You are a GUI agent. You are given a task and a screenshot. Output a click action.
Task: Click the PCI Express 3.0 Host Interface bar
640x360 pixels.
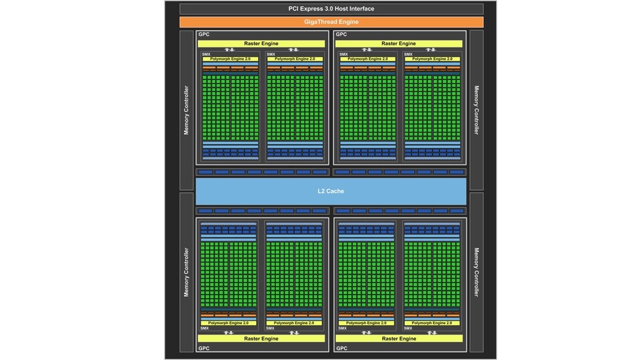pyautogui.click(x=331, y=9)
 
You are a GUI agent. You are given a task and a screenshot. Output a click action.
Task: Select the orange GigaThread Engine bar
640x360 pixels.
pyautogui.click(x=331, y=22)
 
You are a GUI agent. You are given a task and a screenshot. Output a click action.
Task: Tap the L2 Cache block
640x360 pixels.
pyautogui.click(x=331, y=191)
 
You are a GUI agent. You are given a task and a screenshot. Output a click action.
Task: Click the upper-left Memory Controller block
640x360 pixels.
pyautogui.click(x=186, y=110)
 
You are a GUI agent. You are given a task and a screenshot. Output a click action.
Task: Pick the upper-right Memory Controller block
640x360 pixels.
pyautogui.click(x=476, y=110)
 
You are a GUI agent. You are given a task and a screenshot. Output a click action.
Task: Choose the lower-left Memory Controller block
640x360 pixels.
pyautogui.click(x=186, y=272)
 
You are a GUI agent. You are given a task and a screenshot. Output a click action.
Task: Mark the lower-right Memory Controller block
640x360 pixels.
pyautogui.click(x=476, y=272)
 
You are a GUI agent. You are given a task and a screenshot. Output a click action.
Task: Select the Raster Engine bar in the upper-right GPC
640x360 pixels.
pyautogui.click(x=399, y=43)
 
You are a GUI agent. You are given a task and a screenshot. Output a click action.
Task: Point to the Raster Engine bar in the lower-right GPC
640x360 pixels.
pyautogui.click(x=399, y=339)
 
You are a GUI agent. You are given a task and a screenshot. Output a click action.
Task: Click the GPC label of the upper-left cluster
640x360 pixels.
pyautogui.click(x=203, y=34)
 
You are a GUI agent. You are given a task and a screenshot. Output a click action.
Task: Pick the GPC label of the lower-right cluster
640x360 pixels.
pyautogui.click(x=341, y=348)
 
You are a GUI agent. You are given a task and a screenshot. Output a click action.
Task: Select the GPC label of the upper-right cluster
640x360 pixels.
pyautogui.click(x=341, y=34)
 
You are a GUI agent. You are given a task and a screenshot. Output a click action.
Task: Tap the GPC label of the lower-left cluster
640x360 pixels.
pyautogui.click(x=203, y=348)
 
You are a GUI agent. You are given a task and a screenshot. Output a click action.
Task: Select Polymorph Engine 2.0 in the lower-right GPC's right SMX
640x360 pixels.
pyautogui.click(x=433, y=323)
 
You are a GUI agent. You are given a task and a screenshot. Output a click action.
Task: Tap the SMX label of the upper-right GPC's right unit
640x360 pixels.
pyautogui.click(x=408, y=53)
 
